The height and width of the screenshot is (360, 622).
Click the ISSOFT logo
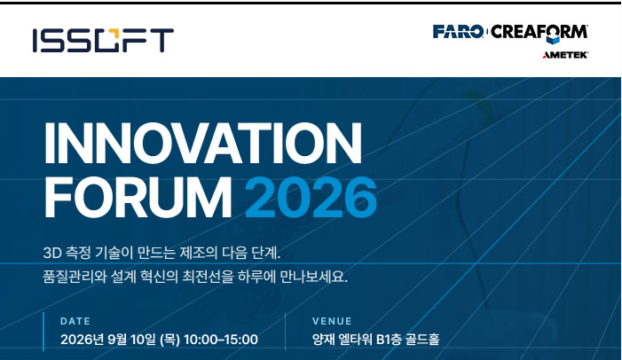pyautogui.click(x=103, y=40)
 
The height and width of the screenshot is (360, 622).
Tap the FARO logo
pyautogui.click(x=458, y=31)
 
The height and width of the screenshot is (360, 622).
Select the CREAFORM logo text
pyautogui.click(x=539, y=32)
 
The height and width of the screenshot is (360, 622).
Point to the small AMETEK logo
pyautogui.click(x=565, y=55)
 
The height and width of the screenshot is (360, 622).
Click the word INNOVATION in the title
pyautogui.click(x=202, y=143)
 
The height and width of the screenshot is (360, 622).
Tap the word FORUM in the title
pyautogui.click(x=138, y=197)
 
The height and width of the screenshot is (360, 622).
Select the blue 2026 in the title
pyautogui.click(x=311, y=197)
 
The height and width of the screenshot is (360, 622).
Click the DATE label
pyautogui.click(x=75, y=321)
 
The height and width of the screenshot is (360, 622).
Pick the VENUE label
pyautogui.click(x=332, y=321)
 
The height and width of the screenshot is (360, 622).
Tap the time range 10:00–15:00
pyautogui.click(x=221, y=340)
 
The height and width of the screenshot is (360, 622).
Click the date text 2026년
pyautogui.click(x=83, y=340)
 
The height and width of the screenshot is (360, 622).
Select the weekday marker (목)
pyautogui.click(x=169, y=340)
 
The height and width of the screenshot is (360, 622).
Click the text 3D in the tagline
pyautogui.click(x=52, y=253)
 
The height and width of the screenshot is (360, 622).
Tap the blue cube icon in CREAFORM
pyautogui.click(x=553, y=38)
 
